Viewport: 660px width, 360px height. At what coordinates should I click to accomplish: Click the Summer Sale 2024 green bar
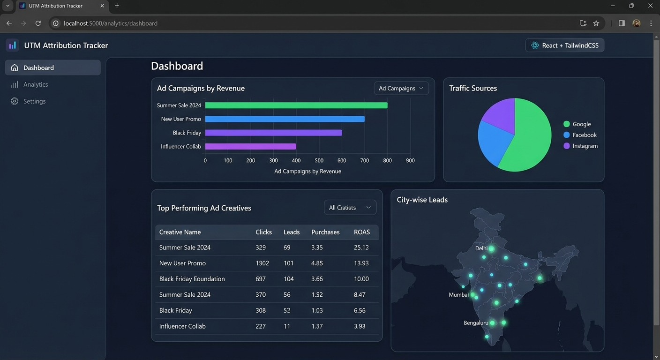[296, 105]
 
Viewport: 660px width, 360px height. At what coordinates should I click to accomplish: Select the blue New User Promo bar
[285, 119]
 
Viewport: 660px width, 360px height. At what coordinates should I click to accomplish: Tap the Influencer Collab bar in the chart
[250, 146]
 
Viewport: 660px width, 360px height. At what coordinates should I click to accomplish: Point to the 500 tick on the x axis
[319, 161]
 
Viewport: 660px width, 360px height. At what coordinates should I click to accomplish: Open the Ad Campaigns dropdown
[401, 88]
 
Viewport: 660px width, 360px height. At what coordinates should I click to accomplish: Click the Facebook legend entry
[580, 135]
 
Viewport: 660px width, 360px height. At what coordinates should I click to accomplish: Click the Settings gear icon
[15, 101]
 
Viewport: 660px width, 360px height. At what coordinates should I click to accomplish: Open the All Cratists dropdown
[350, 207]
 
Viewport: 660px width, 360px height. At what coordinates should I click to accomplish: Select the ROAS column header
[362, 232]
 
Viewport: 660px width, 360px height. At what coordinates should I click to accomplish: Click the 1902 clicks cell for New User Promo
[262, 263]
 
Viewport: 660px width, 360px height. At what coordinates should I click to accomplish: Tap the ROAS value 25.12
[361, 247]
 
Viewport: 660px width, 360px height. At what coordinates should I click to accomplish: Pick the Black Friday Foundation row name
[192, 279]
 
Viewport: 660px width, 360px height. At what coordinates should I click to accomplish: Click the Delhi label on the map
[481, 248]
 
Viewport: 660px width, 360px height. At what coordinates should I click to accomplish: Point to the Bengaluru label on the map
[476, 323]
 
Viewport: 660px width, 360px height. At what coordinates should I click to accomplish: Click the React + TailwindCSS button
[564, 45]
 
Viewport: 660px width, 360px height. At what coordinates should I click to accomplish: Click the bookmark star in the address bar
[596, 23]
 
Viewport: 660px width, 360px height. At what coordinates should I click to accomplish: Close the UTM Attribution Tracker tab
[102, 6]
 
